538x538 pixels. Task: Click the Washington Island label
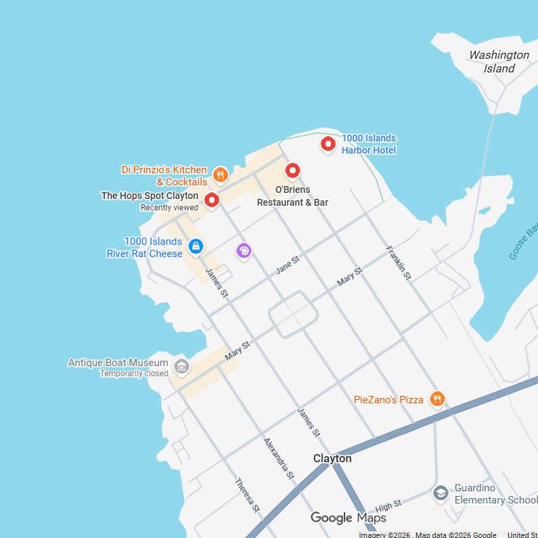pyautogui.click(x=499, y=62)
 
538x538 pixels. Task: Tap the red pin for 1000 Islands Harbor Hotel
pyautogui.click(x=328, y=143)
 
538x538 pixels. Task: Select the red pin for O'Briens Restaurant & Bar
pyautogui.click(x=292, y=171)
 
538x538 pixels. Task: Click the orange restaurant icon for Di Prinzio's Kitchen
pyautogui.click(x=220, y=175)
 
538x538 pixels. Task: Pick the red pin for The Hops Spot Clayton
pyautogui.click(x=212, y=200)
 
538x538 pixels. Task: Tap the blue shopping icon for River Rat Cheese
pyautogui.click(x=196, y=246)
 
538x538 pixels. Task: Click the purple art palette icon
pyautogui.click(x=244, y=251)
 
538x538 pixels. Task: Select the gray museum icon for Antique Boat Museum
pyautogui.click(x=181, y=367)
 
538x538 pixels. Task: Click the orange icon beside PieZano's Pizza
pyautogui.click(x=437, y=399)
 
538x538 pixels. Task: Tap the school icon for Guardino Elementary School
pyautogui.click(x=441, y=493)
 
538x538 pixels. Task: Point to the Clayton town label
pyautogui.click(x=332, y=458)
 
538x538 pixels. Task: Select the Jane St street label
pyautogui.click(x=288, y=265)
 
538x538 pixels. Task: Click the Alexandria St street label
pyautogui.click(x=279, y=458)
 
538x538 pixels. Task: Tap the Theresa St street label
pyautogui.click(x=247, y=495)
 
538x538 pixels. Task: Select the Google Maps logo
pyautogui.click(x=348, y=518)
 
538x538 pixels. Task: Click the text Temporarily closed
pyautogui.click(x=134, y=374)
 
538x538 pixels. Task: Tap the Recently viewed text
pyautogui.click(x=169, y=208)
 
